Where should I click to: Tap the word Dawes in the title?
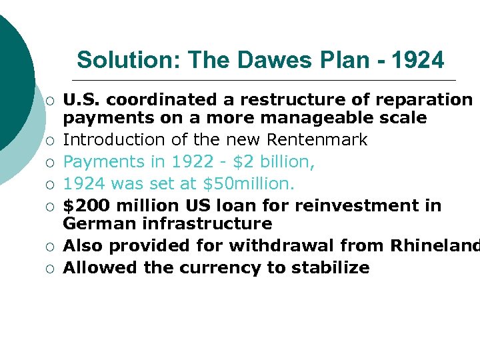274,60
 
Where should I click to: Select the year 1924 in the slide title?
417,60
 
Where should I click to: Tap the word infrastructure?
207,223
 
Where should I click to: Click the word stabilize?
327,267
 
